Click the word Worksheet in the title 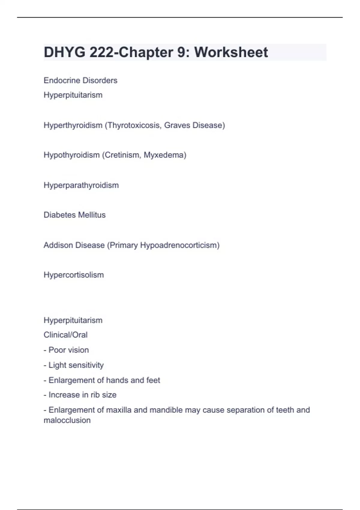click(231, 52)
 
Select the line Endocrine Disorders click(80, 80)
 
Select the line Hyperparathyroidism click(81, 185)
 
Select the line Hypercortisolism click(73, 275)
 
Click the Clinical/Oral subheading click(65, 335)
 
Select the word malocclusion click(67, 420)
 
